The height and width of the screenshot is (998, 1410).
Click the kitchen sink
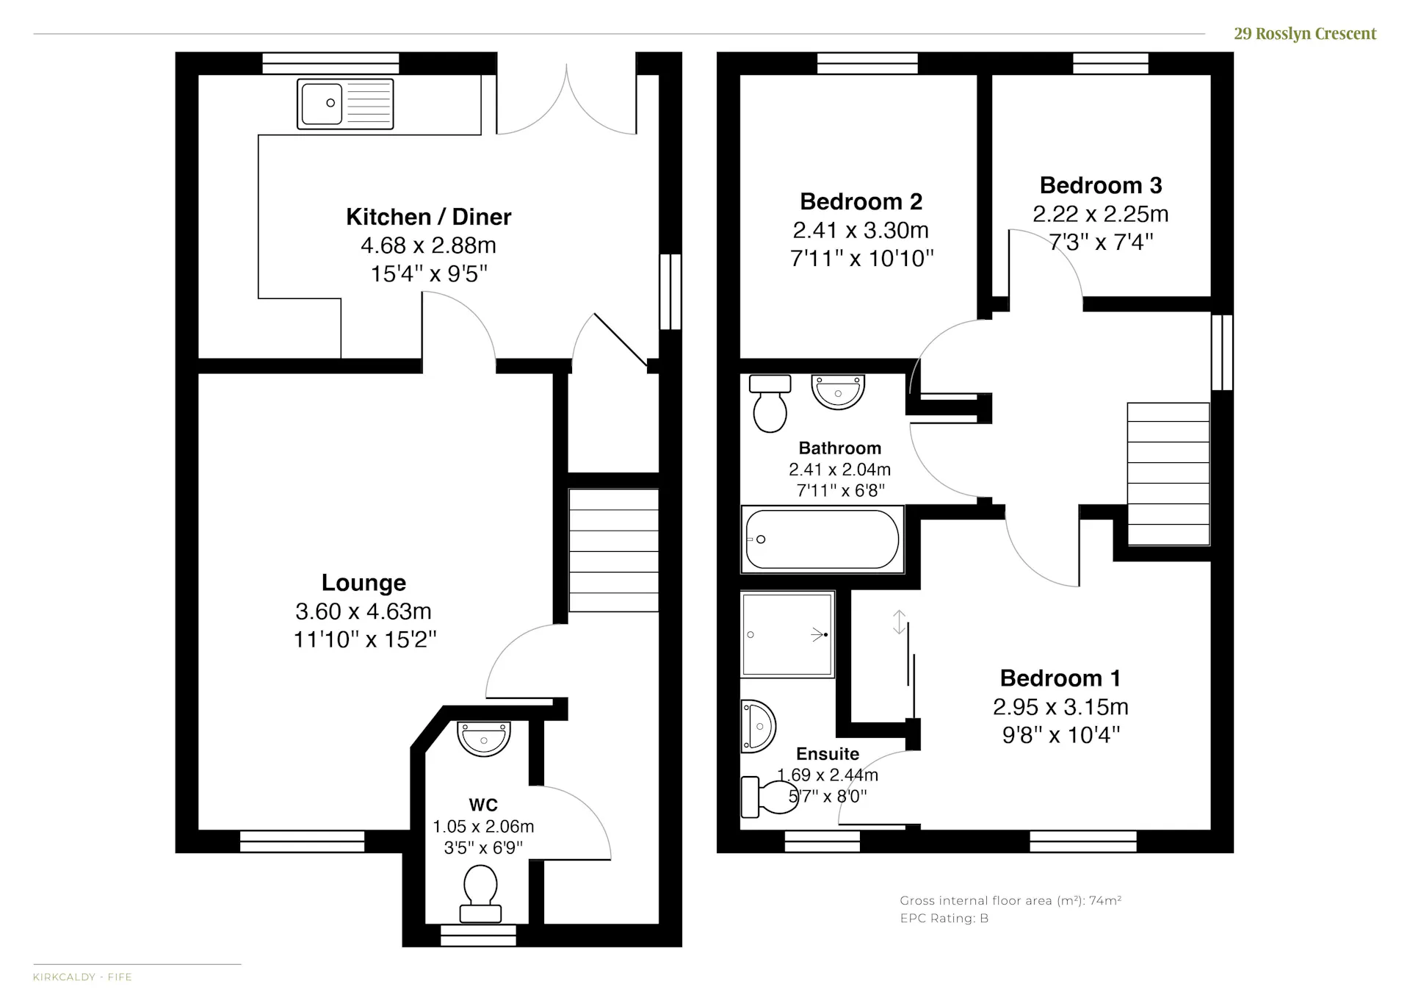345,104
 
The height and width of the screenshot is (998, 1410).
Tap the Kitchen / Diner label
429,217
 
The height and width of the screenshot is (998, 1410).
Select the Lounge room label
364,583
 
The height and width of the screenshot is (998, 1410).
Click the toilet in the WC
480,894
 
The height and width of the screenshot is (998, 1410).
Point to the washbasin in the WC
483,738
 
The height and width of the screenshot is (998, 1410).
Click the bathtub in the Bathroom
822,539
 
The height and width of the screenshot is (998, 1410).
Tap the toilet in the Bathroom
770,403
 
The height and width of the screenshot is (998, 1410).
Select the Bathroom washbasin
838,391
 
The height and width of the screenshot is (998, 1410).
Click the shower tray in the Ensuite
787,634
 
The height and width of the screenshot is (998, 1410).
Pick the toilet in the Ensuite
770,797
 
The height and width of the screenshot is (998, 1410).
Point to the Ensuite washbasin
758,727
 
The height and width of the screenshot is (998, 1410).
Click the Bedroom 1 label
1060,678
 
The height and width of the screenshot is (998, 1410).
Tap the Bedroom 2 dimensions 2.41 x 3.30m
861,230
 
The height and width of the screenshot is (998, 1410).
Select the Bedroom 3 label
1101,185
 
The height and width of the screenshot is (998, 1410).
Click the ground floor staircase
614,550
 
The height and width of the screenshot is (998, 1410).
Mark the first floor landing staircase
1168,474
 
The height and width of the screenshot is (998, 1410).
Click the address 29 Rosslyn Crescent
1305,34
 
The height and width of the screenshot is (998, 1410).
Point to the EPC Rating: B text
944,919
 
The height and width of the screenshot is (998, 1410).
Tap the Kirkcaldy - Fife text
82,977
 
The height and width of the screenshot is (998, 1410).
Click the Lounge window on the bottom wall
302,841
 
